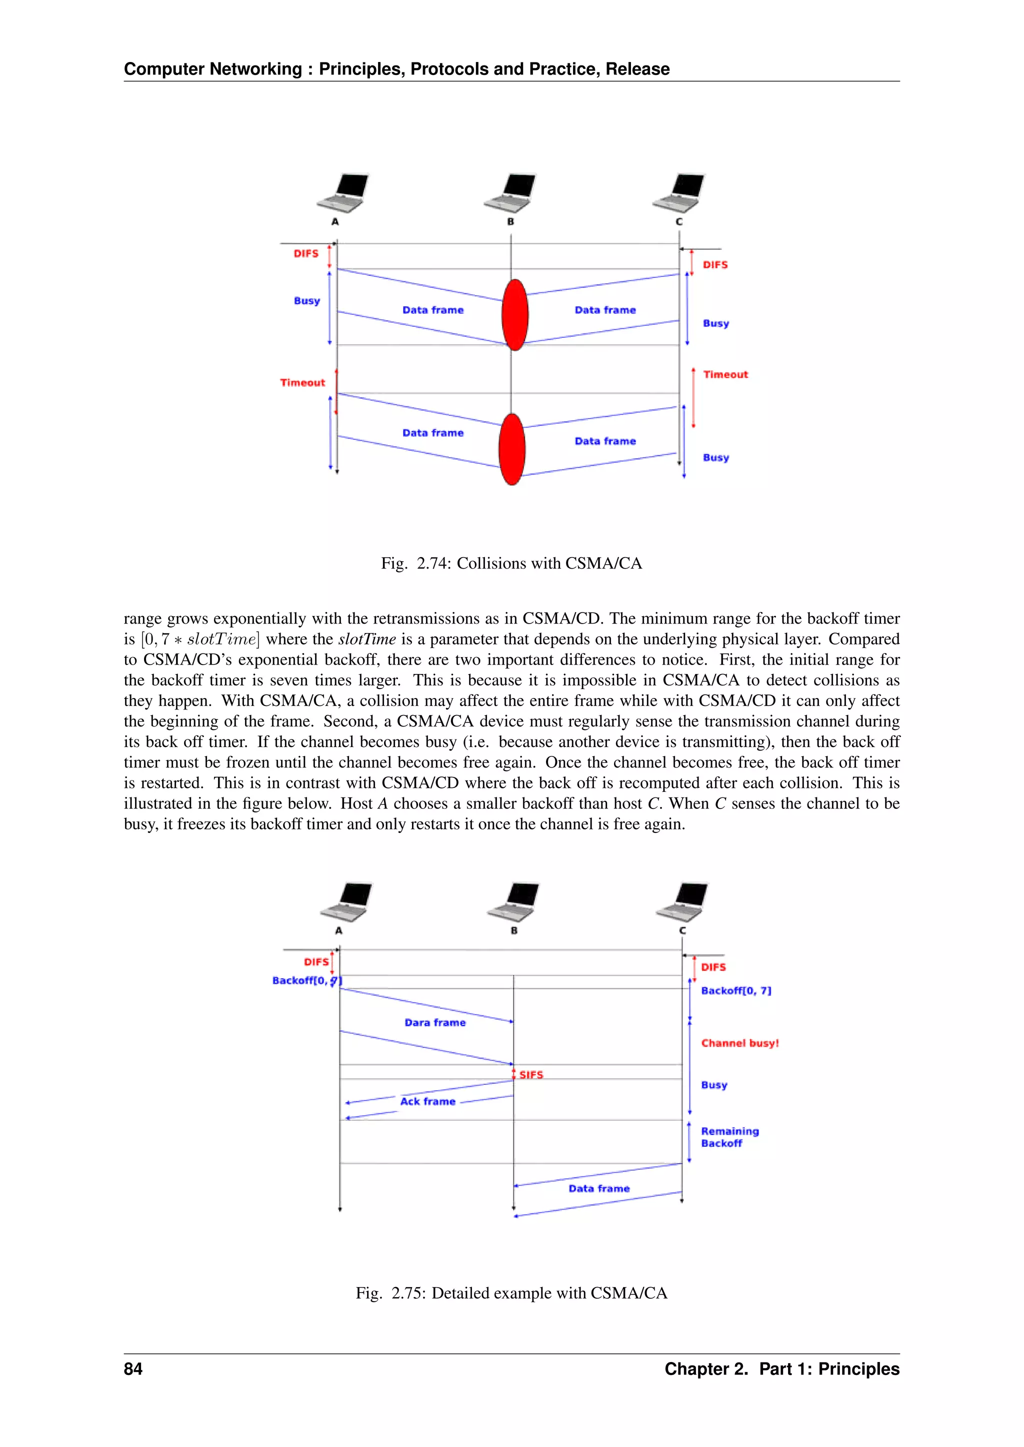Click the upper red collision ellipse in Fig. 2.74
tap(514, 314)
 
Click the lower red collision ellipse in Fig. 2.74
tap(511, 449)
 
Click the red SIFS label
tap(531, 1075)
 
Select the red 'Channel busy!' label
tap(739, 1043)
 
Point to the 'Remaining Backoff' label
tap(729, 1137)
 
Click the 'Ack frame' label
tap(427, 1101)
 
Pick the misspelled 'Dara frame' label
tap(434, 1022)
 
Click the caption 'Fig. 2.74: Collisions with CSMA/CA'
tap(511, 563)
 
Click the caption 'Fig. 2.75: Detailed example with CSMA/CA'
tap(511, 1293)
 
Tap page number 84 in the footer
tap(133, 1369)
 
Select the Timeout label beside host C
tap(725, 374)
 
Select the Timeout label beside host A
tap(302, 383)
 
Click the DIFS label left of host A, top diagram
tap(306, 253)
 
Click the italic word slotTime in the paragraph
tap(367, 639)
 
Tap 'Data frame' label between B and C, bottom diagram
tap(598, 1188)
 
